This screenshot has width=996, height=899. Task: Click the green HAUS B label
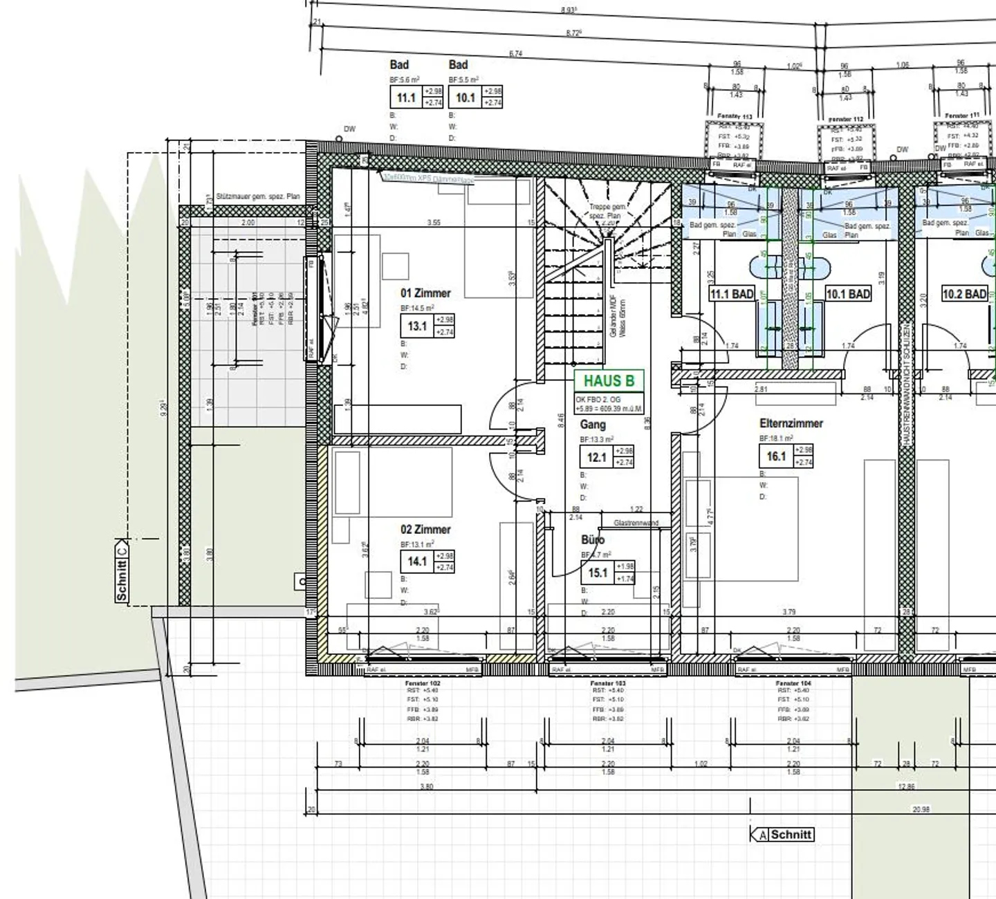point(609,381)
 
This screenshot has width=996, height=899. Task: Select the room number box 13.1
point(417,326)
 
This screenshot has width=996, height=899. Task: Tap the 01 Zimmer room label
point(425,293)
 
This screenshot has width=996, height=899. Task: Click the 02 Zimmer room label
point(425,530)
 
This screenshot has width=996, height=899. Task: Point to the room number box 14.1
point(417,562)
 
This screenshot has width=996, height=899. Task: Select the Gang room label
point(593,425)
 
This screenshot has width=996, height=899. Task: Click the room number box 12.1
point(596,457)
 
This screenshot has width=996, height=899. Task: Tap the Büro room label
point(593,540)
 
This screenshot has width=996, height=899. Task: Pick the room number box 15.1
point(598,573)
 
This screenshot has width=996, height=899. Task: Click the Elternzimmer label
point(791,423)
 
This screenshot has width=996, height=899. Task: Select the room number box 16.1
point(776,456)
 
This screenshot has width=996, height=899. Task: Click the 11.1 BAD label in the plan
point(732,294)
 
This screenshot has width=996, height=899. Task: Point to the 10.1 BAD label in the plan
point(848,294)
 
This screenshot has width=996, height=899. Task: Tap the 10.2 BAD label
point(964,294)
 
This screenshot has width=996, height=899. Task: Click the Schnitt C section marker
point(122,571)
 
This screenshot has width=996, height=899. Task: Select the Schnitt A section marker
point(783,835)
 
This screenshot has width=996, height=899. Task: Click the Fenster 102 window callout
point(423,683)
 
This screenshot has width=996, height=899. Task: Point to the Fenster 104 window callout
point(793,683)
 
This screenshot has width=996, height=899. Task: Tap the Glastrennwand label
point(636,523)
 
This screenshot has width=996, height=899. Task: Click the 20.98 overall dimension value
point(921,809)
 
